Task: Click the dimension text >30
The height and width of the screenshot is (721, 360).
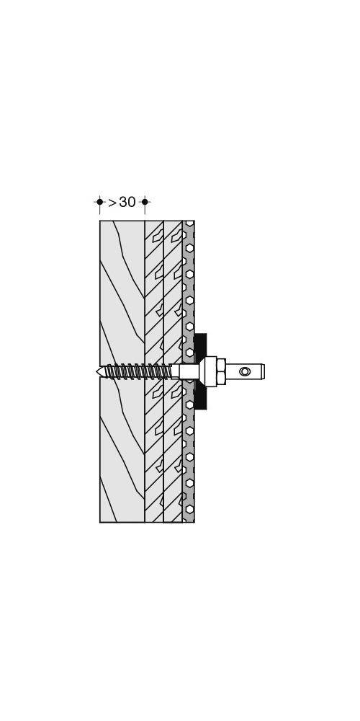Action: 122,203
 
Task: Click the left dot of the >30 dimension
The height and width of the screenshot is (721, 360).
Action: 99,202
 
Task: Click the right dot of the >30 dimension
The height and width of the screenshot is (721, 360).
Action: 145,202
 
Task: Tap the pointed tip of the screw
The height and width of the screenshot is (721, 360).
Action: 98,372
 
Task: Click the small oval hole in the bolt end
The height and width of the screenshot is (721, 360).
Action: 245,371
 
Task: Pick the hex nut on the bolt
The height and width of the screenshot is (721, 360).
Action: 221,371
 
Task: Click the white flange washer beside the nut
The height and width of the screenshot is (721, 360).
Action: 210,371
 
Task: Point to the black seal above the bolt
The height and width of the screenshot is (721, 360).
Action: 200,345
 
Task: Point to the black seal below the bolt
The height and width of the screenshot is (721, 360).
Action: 200,397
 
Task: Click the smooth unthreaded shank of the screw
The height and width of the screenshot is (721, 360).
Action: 187,371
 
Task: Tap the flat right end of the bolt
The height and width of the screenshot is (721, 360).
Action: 264,371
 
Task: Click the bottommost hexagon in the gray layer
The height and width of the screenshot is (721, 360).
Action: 189,509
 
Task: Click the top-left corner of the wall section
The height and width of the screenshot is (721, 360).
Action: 100,221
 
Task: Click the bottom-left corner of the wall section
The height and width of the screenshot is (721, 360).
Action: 100,522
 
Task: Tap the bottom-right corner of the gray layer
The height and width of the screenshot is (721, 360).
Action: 194,522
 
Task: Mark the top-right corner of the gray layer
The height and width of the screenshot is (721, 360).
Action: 194,221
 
